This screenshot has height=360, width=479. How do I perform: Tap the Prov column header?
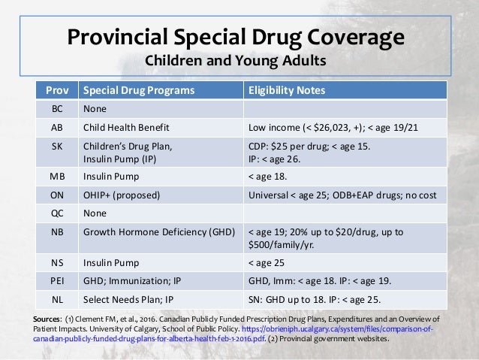(57, 90)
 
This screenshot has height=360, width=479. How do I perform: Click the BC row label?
(57, 108)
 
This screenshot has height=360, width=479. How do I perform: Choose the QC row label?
(57, 212)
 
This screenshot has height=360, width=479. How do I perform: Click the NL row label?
(57, 299)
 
